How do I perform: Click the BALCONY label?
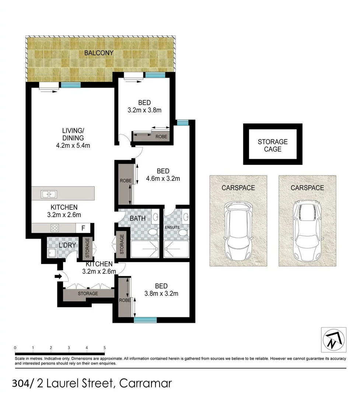(x=99, y=53)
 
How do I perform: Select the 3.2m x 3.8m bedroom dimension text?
(x=144, y=110)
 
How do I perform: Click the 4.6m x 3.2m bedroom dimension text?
(x=163, y=179)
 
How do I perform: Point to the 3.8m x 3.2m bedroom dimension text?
(x=161, y=294)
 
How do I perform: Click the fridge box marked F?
(x=83, y=228)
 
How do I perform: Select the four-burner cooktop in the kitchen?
(x=55, y=228)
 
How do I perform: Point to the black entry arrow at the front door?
(x=58, y=276)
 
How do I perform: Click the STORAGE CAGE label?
(x=272, y=145)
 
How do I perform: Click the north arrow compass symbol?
(x=333, y=339)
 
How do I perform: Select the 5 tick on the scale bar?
(x=105, y=348)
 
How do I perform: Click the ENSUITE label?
(x=172, y=227)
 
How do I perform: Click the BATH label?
(x=137, y=219)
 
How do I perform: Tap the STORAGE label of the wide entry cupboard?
(x=88, y=294)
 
